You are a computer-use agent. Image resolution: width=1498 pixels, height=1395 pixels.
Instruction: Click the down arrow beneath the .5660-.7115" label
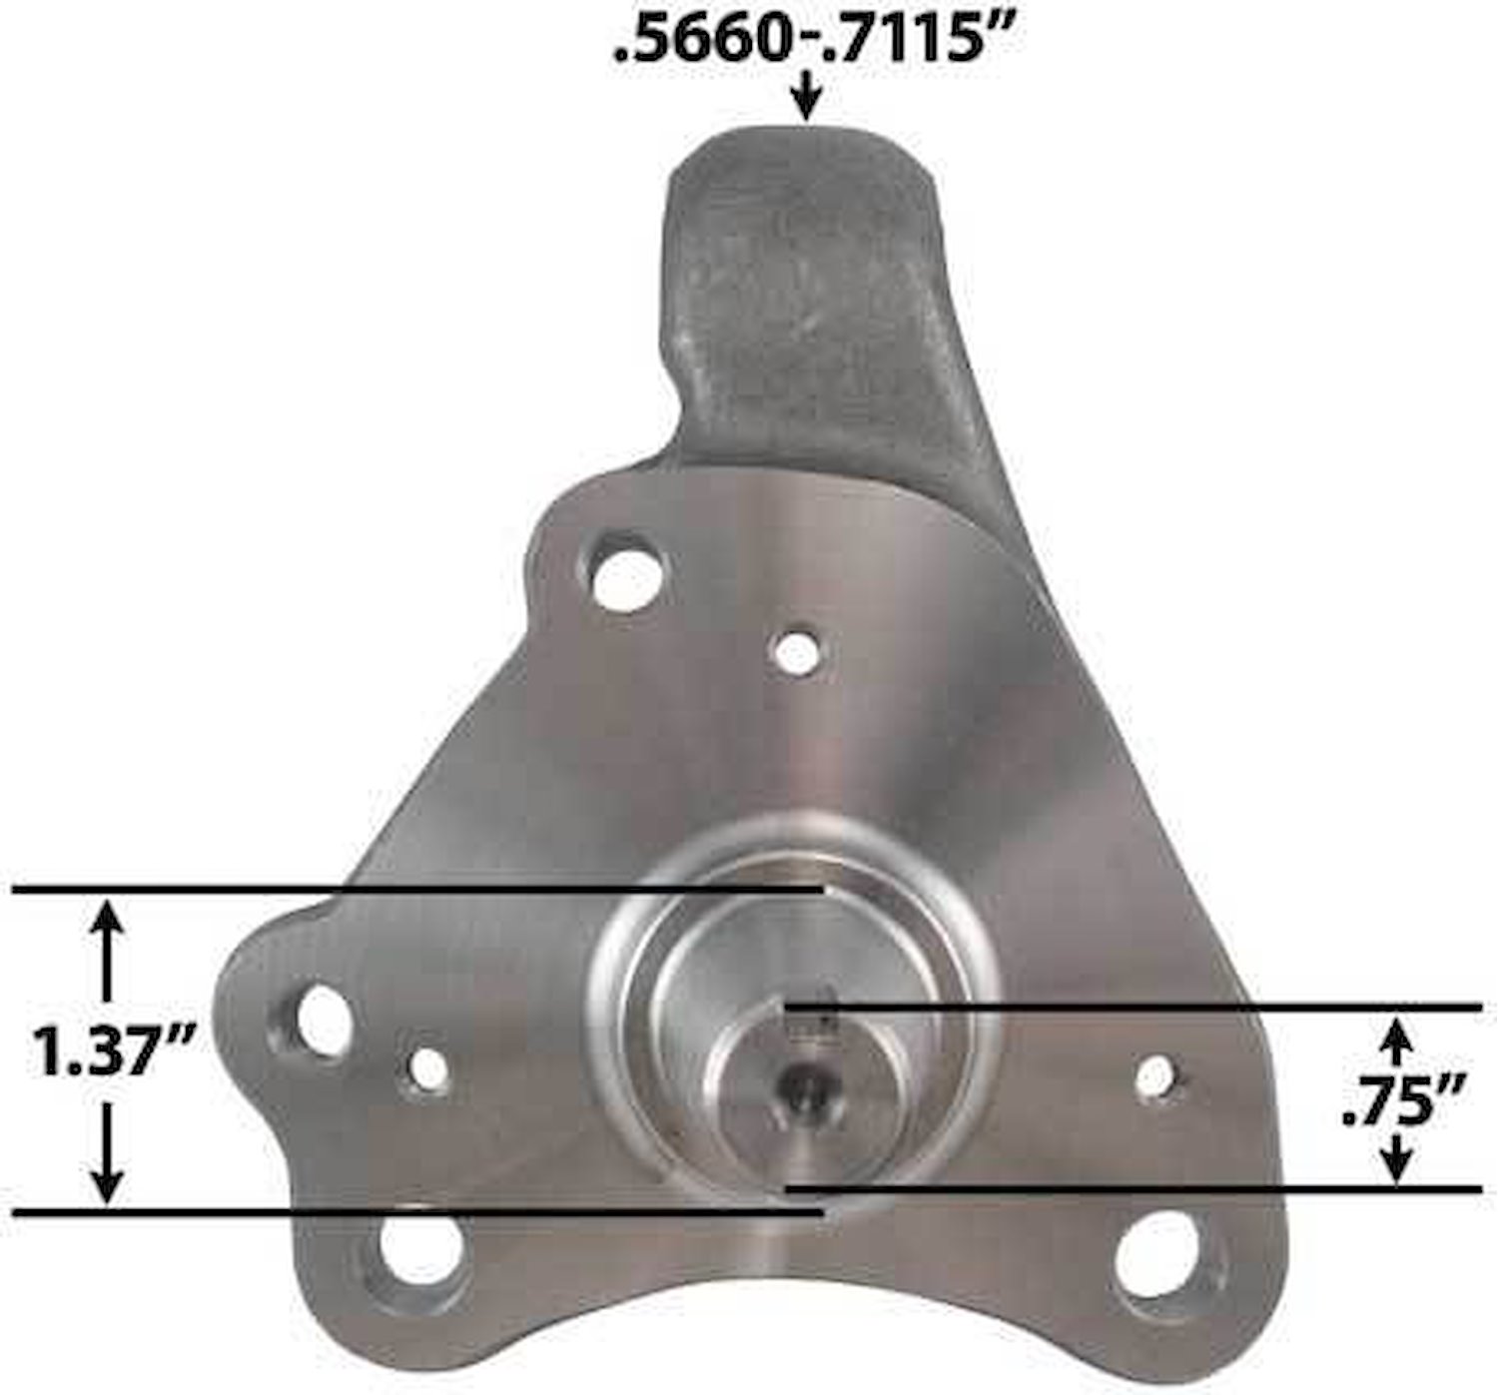click(x=808, y=97)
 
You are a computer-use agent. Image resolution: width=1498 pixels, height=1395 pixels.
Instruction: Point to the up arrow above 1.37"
click(x=109, y=951)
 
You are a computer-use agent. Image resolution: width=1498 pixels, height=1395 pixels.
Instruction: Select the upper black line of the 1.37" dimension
click(x=418, y=891)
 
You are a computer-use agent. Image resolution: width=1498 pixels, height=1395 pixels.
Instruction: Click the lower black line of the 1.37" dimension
click(x=418, y=1212)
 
